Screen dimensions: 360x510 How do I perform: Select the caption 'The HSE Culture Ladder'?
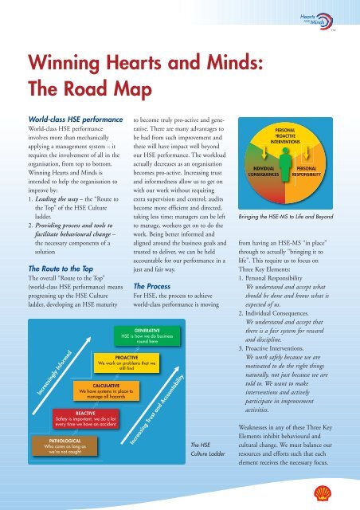tap(208, 449)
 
